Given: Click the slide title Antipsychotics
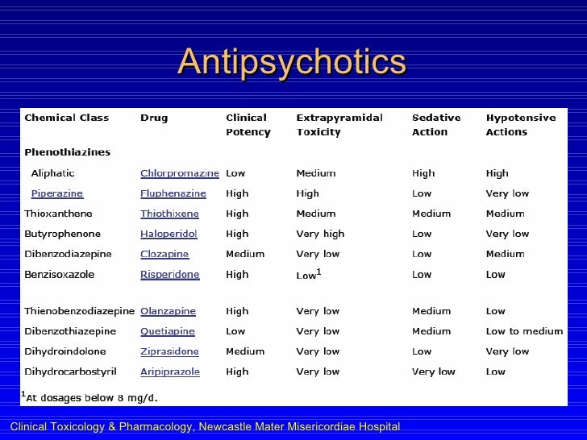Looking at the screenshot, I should tap(292, 62).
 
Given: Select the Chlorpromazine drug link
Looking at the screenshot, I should tap(180, 173).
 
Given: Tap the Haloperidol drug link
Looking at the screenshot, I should tap(169, 234).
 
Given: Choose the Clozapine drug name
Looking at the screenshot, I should tap(164, 254).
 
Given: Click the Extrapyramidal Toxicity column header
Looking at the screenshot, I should tap(339, 125).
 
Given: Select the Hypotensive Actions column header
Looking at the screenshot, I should tap(520, 125).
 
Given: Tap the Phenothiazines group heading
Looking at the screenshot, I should tap(68, 152).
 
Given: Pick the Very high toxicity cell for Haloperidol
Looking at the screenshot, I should tap(320, 234).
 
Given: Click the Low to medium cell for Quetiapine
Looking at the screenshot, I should tap(524, 331).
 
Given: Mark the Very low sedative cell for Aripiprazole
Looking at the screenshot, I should tap(434, 372).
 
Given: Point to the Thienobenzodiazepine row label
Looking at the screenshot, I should tap(79, 311).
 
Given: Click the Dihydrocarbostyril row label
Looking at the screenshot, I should tap(71, 372).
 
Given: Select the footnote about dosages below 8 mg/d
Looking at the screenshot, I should tap(91, 396).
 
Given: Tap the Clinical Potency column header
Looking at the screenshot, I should tap(248, 125).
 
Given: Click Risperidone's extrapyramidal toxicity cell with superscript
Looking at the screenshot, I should tap(310, 274).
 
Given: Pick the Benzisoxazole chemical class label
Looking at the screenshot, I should tap(60, 274).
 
